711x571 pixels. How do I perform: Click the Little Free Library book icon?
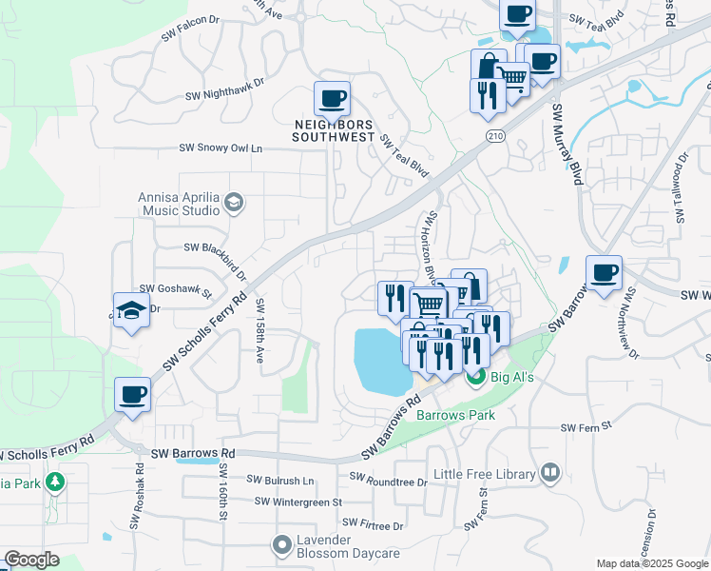[x=549, y=473]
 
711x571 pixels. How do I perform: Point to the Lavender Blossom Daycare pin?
[x=281, y=545]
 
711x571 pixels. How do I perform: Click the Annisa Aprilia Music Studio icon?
[x=234, y=202]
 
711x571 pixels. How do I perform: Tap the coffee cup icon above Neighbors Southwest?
[x=332, y=98]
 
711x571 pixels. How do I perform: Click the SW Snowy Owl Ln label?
[x=221, y=148]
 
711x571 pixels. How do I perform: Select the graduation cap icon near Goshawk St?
[x=131, y=309]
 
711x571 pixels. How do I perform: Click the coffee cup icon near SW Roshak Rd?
[x=132, y=394]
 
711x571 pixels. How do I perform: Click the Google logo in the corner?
[x=32, y=560]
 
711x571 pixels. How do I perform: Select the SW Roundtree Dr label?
[x=389, y=478]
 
